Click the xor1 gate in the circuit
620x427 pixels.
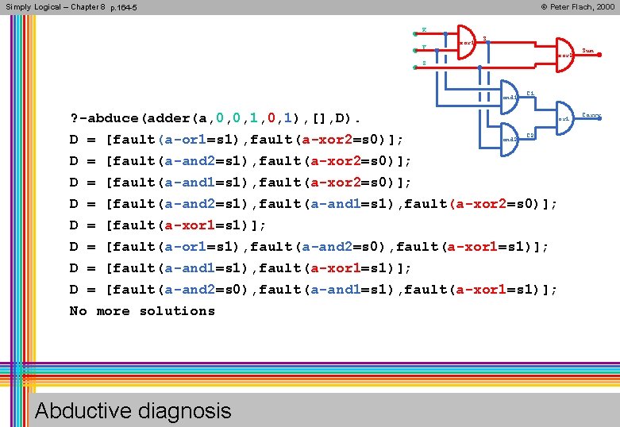(466, 43)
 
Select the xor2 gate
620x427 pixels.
(563, 55)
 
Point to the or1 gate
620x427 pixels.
(564, 117)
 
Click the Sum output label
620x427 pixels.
(588, 51)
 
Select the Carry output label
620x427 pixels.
(591, 115)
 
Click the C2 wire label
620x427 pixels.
(530, 136)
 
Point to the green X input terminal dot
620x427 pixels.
(415, 34)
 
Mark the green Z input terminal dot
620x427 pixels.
(415, 67)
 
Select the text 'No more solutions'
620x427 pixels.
(142, 311)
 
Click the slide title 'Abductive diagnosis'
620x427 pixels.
(133, 410)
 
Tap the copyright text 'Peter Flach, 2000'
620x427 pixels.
(577, 6)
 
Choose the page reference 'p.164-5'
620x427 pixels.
(123, 7)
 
